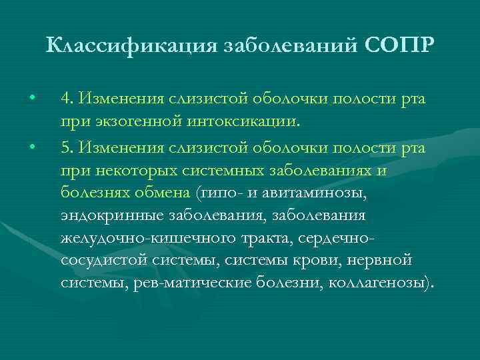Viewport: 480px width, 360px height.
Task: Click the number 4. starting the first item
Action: pos(66,99)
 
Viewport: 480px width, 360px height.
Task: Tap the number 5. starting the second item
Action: pos(66,146)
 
